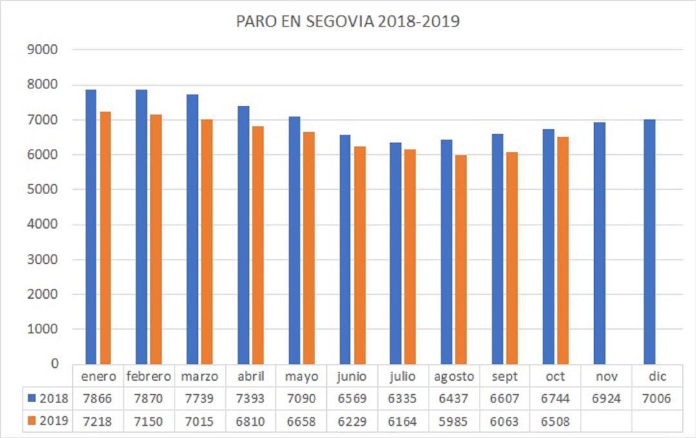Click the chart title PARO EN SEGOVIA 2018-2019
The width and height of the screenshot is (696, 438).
pos(347,21)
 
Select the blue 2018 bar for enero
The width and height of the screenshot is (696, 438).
pos(91,226)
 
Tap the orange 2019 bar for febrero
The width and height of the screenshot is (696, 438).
pos(155,239)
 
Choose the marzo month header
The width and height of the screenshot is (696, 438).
pos(200,377)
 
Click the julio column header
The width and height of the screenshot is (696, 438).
pos(403,377)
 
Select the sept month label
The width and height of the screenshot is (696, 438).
pos(505,377)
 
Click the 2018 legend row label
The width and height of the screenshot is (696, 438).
pos(48,399)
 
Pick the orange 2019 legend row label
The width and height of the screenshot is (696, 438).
pos(48,421)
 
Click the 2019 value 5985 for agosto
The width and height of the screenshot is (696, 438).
pos(454,421)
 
